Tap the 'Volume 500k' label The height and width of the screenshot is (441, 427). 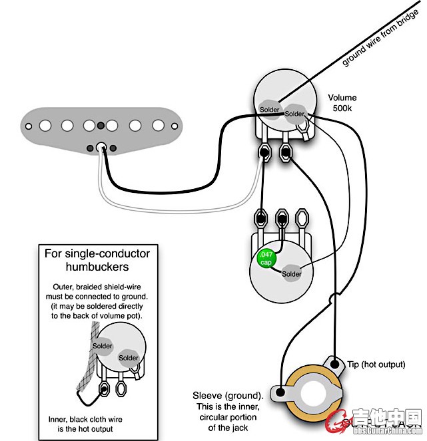tap(342, 103)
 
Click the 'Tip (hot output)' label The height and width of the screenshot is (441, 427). tap(376, 365)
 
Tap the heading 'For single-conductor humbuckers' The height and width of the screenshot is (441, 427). tap(97, 260)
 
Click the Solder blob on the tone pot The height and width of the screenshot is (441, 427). tap(291, 273)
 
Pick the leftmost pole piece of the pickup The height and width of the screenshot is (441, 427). tap(46, 125)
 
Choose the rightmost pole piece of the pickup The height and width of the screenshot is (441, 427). tap(159, 125)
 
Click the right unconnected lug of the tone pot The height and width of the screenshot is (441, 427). tap(303, 218)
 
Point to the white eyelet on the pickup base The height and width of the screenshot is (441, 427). tap(102, 148)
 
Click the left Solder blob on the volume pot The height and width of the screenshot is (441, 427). tap(269, 109)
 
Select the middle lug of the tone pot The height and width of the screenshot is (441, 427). tap(282, 218)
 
